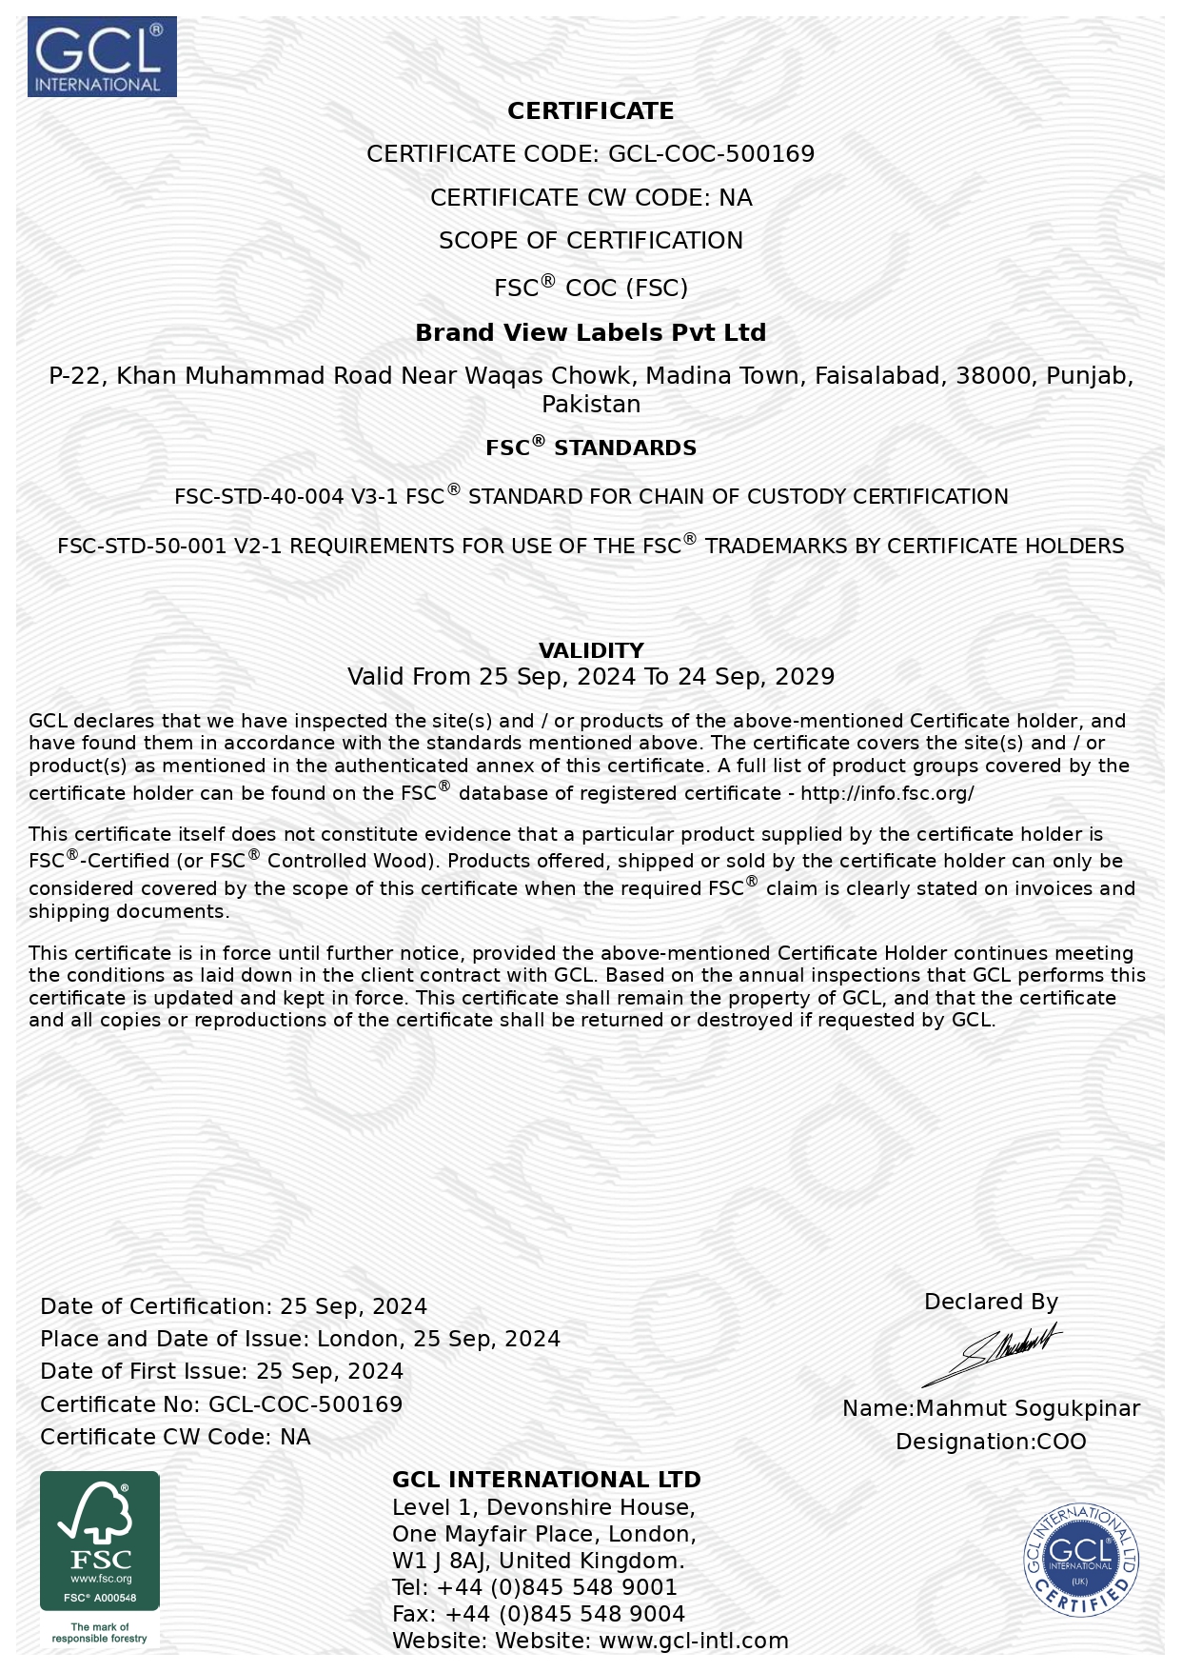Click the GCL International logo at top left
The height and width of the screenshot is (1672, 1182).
pyautogui.click(x=102, y=56)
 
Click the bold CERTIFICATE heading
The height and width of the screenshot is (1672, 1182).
pyautogui.click(x=590, y=111)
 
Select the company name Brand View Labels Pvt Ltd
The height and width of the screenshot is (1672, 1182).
pyautogui.click(x=590, y=332)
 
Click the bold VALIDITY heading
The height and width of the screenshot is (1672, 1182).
pyautogui.click(x=591, y=650)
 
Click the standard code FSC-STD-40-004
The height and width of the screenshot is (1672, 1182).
pyautogui.click(x=259, y=497)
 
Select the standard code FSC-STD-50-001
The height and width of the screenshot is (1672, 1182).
pyautogui.click(x=143, y=547)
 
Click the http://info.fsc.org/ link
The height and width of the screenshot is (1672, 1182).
pyautogui.click(x=887, y=793)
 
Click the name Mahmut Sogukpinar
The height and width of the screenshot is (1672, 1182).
pyautogui.click(x=1028, y=1408)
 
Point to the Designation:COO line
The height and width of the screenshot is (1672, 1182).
pyautogui.click(x=991, y=1442)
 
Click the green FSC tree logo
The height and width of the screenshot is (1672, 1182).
pyautogui.click(x=100, y=1540)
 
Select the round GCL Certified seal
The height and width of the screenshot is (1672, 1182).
pyautogui.click(x=1080, y=1559)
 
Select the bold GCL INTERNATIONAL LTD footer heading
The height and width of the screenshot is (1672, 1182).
pyautogui.click(x=546, y=1480)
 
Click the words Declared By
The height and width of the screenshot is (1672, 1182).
pyautogui.click(x=991, y=1302)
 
